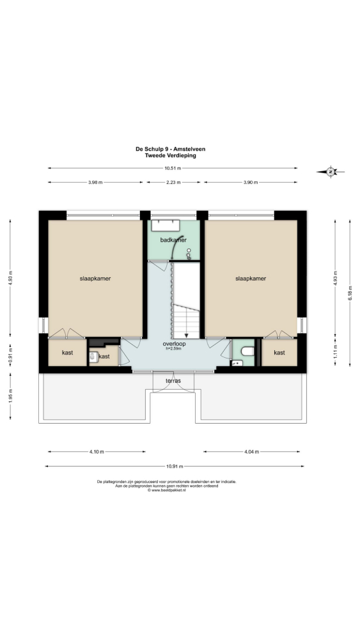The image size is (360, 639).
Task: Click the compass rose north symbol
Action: (x=331, y=172)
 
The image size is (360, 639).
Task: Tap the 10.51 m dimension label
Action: (x=173, y=168)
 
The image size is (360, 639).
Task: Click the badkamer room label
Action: (x=173, y=240)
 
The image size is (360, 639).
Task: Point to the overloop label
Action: (x=173, y=344)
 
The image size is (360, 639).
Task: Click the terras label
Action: (x=173, y=381)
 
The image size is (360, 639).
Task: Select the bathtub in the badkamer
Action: (x=166, y=226)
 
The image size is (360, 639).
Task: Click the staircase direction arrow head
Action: (x=186, y=335)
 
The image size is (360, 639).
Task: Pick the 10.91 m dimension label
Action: (x=175, y=466)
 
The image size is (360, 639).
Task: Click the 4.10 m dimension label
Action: (x=97, y=452)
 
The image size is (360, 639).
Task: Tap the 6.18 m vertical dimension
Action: (x=350, y=293)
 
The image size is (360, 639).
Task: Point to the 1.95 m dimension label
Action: (x=10, y=396)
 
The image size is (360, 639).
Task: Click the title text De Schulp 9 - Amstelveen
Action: (x=171, y=149)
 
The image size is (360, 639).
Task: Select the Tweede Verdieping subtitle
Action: (x=171, y=156)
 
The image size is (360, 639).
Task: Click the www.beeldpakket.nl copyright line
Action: (x=167, y=490)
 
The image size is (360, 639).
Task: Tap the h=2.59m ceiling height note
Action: (x=173, y=349)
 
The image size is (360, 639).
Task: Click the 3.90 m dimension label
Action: (x=251, y=183)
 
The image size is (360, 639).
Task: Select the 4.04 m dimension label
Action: (x=251, y=452)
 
